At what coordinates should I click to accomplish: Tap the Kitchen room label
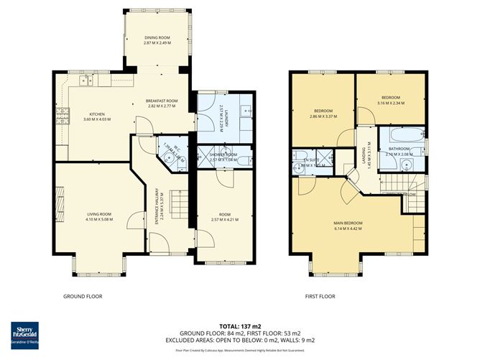click(x=97, y=114)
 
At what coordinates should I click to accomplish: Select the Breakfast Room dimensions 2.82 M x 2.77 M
click(x=162, y=106)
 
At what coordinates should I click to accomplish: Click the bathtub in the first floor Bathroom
click(x=405, y=136)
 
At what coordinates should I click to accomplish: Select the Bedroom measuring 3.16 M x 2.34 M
click(x=390, y=98)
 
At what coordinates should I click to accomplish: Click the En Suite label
click(x=310, y=160)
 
